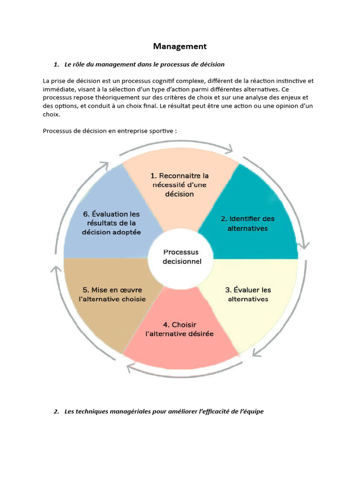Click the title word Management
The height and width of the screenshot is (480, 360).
pyautogui.click(x=180, y=46)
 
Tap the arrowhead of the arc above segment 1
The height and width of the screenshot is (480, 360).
pyautogui.click(x=229, y=149)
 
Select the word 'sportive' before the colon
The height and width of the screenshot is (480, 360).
pyautogui.click(x=158, y=131)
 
